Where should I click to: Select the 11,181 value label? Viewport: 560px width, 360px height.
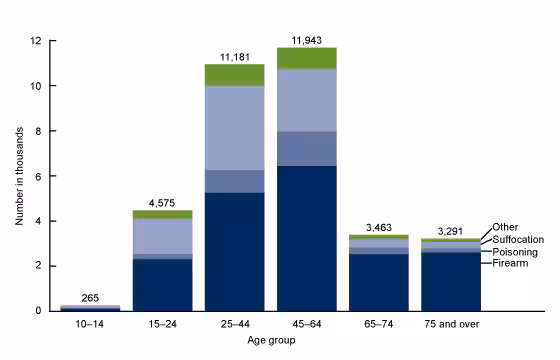click(234, 56)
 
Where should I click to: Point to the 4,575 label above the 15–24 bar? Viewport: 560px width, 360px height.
click(162, 201)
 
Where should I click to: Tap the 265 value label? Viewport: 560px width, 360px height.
click(90, 297)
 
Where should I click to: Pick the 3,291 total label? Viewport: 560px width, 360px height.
click(450, 229)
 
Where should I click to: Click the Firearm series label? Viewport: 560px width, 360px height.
click(509, 263)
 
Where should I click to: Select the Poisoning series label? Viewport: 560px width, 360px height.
click(514, 252)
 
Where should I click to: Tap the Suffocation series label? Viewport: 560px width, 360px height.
click(518, 240)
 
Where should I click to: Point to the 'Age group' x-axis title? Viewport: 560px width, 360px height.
click(270, 339)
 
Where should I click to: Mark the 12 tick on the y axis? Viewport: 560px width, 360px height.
click(36, 41)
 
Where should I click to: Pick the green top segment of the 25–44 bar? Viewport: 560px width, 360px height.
click(234, 75)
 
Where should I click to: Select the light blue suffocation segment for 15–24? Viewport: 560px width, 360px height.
click(162, 236)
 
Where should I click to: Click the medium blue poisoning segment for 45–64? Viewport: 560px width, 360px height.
click(306, 148)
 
